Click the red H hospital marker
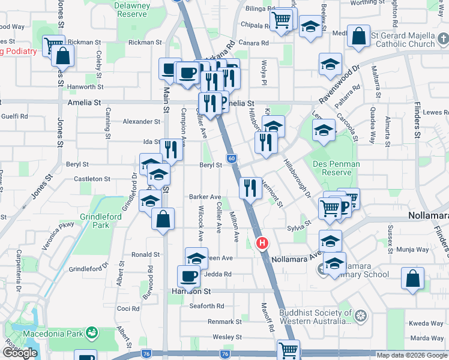point(262,243)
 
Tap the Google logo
point(20,353)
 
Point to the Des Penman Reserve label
point(336,168)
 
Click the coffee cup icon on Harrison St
point(188,276)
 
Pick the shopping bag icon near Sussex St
point(412,278)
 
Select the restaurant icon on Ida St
point(171,149)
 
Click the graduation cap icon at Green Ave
point(196,258)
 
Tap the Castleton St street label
point(91,179)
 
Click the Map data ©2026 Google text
point(411,355)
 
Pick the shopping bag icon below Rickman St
point(62,56)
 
